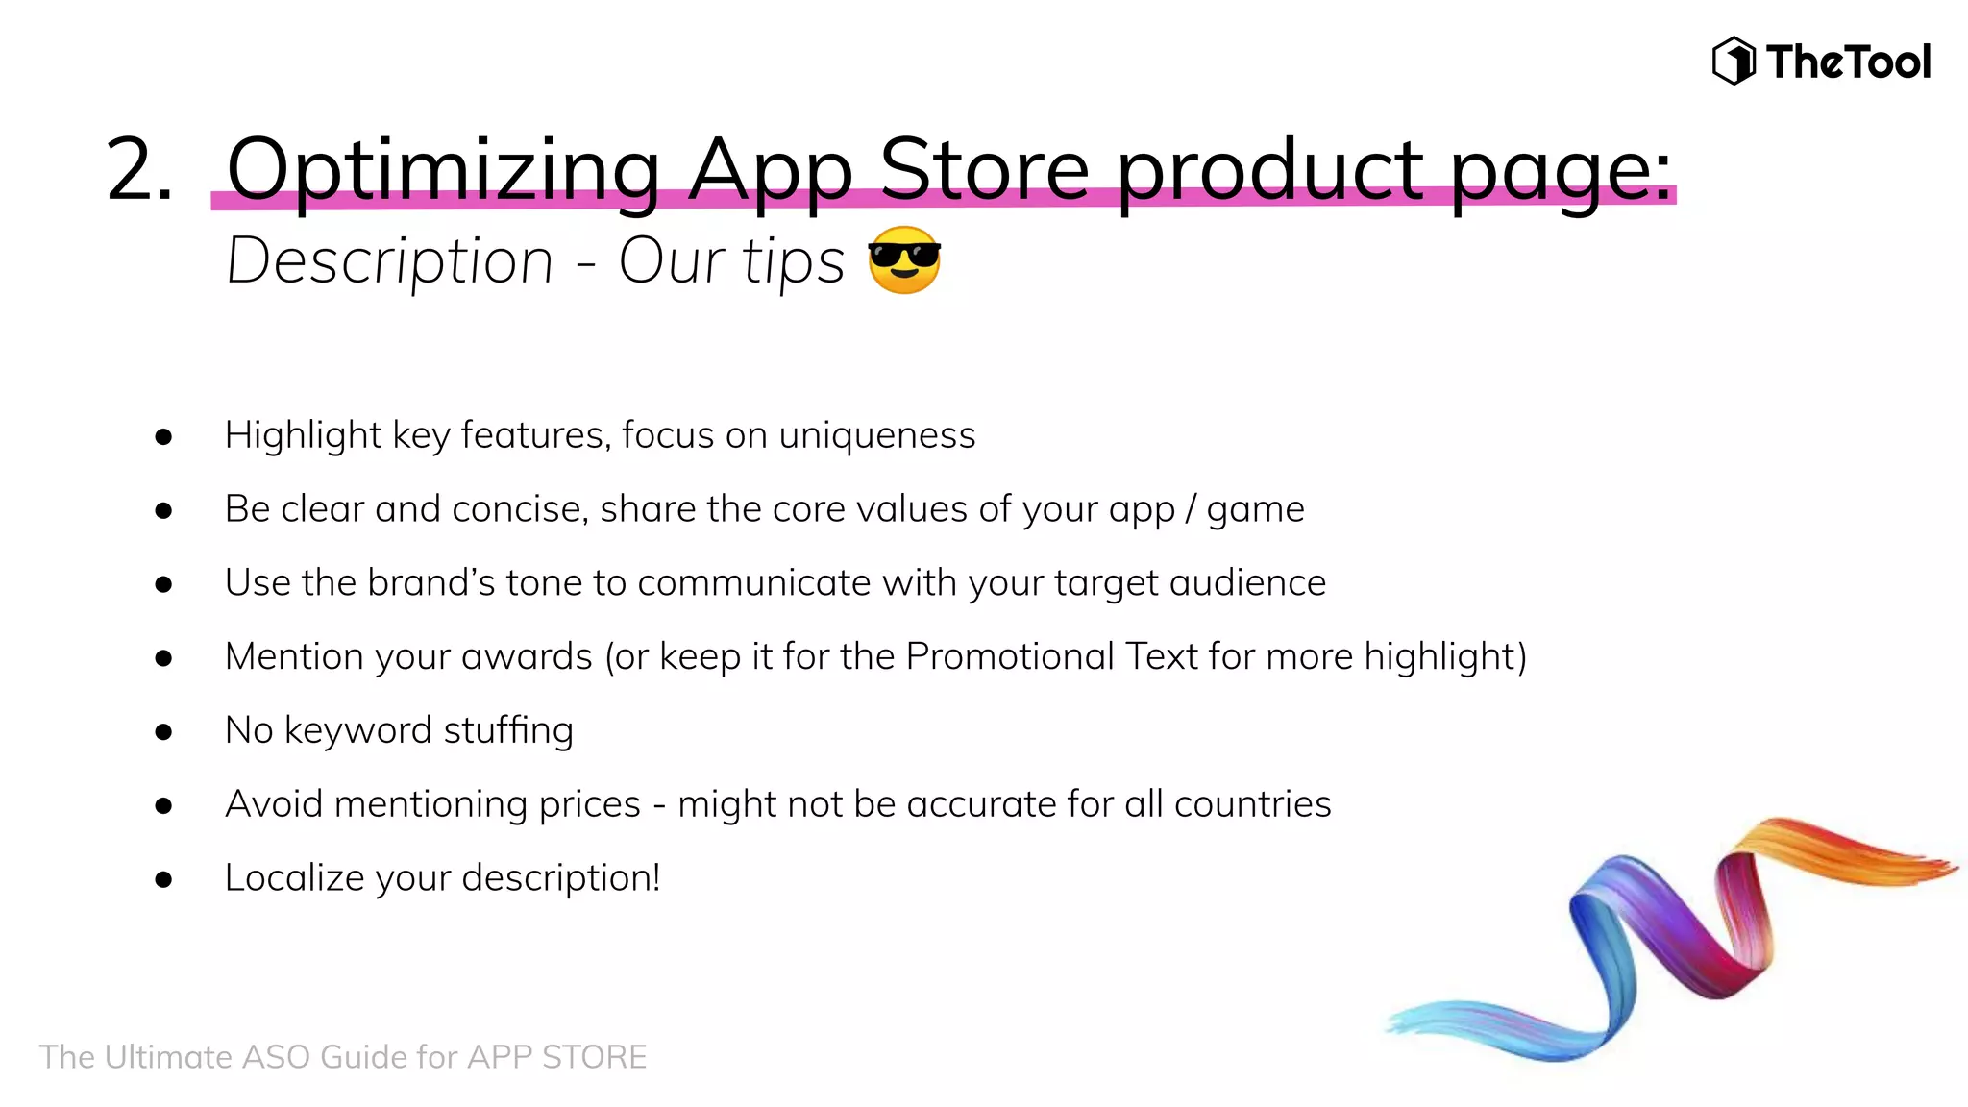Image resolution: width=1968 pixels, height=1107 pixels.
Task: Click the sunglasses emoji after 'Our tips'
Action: click(x=903, y=260)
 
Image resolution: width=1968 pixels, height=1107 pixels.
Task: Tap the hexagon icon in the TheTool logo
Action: click(x=1734, y=61)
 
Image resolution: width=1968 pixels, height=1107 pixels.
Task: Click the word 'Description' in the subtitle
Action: click(x=390, y=261)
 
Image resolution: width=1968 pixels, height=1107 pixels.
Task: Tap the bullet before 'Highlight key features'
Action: click(x=163, y=437)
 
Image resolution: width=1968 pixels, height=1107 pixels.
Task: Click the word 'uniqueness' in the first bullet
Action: click(x=876, y=435)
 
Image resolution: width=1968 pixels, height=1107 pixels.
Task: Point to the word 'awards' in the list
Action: click(x=527, y=656)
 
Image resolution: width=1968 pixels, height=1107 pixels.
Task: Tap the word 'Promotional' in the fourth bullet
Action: click(x=1010, y=656)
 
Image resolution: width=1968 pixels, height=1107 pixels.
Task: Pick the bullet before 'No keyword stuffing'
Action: click(x=163, y=732)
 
